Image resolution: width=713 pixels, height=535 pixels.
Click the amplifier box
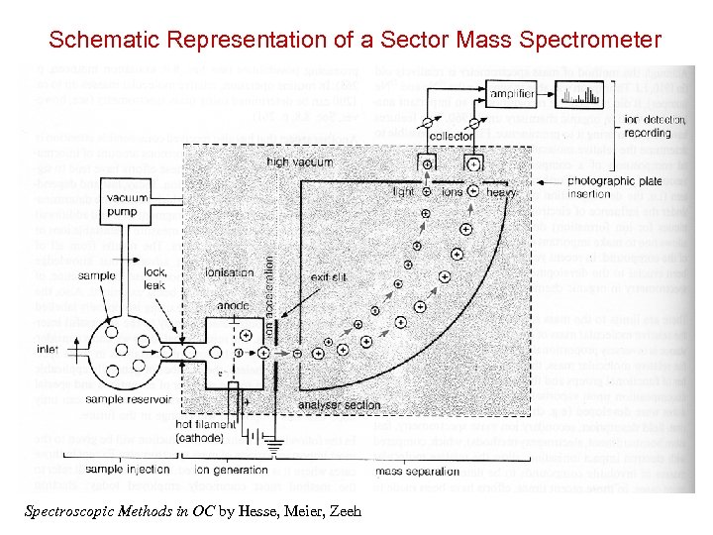coord(512,94)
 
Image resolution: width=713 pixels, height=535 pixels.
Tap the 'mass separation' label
coord(412,469)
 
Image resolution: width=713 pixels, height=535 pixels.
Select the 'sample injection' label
coord(131,469)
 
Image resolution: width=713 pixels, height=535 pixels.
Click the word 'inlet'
coord(47,349)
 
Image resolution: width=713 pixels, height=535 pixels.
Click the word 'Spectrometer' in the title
coord(587,41)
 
